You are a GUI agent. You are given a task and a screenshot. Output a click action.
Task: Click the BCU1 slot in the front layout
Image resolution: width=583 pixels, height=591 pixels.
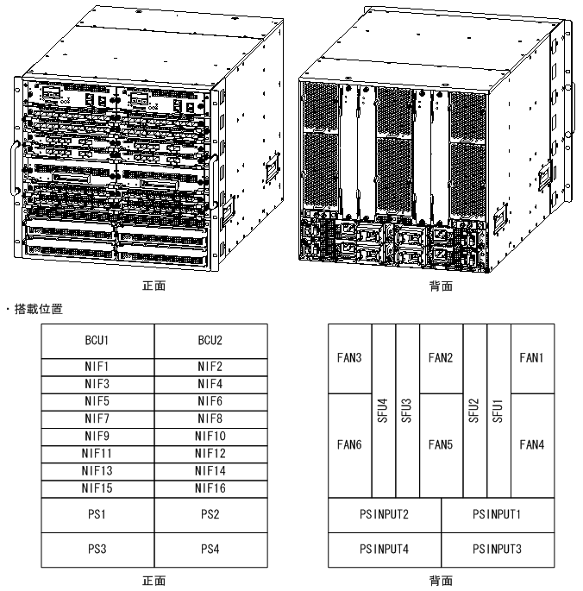click(x=97, y=341)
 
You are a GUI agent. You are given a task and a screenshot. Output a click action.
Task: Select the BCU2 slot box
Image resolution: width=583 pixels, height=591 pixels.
click(x=211, y=341)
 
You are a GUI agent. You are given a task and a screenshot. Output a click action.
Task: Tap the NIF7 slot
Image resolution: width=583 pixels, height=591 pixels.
click(x=97, y=419)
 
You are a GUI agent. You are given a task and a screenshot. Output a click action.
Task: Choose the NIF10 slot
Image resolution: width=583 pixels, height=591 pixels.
click(x=211, y=437)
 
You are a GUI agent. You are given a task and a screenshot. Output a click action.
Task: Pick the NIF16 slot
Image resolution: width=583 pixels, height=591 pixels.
click(x=211, y=489)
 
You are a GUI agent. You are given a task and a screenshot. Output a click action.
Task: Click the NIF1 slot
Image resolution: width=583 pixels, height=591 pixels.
click(x=97, y=368)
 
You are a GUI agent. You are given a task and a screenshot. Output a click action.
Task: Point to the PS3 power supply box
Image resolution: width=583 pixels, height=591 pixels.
click(x=97, y=550)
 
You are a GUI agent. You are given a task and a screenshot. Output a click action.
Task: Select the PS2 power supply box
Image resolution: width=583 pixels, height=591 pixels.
click(x=211, y=515)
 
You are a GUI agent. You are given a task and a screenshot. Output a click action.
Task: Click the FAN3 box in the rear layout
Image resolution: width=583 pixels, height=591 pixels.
click(x=350, y=359)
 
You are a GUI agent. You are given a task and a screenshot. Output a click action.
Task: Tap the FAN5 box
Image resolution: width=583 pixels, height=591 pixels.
click(x=441, y=445)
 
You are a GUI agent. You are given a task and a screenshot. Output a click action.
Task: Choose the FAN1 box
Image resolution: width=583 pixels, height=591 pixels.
click(x=532, y=359)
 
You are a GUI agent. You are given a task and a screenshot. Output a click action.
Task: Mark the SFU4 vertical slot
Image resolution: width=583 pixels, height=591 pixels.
click(x=384, y=411)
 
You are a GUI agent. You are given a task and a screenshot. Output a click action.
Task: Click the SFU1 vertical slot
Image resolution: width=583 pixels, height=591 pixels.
click(x=499, y=411)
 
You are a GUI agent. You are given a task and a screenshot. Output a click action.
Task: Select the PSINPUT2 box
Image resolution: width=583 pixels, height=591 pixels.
click(x=385, y=515)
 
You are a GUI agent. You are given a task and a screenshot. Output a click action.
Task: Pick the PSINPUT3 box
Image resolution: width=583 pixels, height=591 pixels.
click(x=498, y=550)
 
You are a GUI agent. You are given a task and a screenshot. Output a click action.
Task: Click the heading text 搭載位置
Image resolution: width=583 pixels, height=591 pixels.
click(x=39, y=309)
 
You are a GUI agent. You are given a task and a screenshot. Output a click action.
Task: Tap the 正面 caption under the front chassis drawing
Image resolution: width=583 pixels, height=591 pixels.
click(x=154, y=286)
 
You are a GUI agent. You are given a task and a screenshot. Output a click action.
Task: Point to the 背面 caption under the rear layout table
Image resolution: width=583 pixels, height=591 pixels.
click(x=441, y=581)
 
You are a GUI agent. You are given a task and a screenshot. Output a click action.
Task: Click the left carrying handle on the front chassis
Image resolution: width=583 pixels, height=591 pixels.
click(x=15, y=168)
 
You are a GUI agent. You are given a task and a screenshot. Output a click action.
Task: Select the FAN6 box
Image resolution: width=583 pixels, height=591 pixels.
click(x=350, y=445)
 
